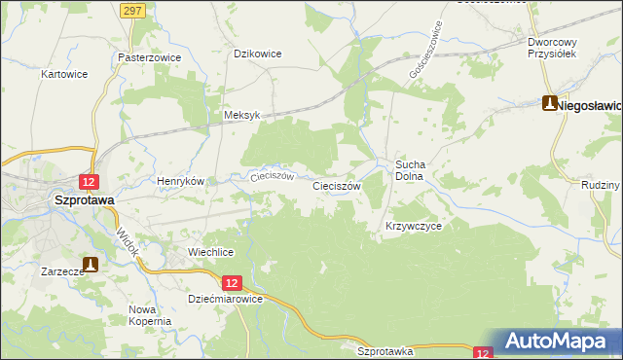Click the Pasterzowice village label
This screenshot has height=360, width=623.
click(x=149, y=57)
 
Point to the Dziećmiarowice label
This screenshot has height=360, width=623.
click(x=225, y=300)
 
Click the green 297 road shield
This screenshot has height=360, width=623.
click(x=134, y=9)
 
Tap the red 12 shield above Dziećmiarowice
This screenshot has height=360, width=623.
click(x=231, y=282)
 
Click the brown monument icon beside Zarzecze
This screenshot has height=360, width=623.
click(x=91, y=263)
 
